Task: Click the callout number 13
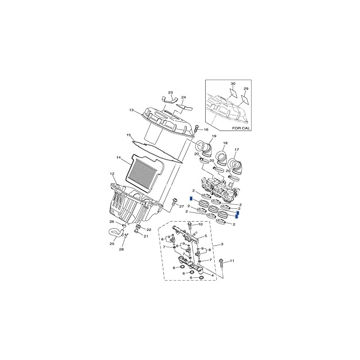pos(131,110)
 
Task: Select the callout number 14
pos(118,157)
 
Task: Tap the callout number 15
pos(129,135)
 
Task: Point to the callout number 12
pos(112,174)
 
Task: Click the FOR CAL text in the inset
pos(241,128)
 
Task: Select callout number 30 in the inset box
pos(233,84)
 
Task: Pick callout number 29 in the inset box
pos(246,89)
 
